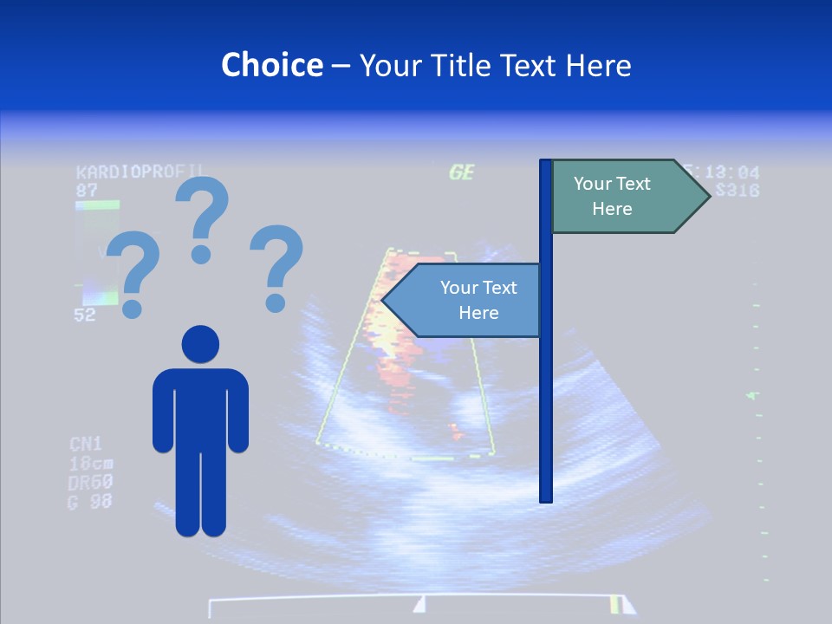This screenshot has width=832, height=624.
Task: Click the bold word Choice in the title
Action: point(271,65)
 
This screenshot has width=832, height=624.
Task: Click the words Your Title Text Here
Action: point(495,65)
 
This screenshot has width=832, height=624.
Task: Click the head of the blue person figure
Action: point(200,344)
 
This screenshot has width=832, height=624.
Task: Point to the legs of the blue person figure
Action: point(200,490)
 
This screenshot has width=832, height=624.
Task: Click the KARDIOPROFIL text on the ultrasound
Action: point(140,172)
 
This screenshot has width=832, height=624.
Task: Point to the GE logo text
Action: point(461,172)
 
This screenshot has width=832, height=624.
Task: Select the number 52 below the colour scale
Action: point(85,315)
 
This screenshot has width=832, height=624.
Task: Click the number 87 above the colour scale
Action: point(87,190)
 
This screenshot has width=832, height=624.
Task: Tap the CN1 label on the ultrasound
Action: point(86,445)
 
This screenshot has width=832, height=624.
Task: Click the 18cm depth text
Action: point(90,463)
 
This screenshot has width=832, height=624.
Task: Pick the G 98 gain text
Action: point(90,501)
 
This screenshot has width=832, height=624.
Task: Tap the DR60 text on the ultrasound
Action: point(90,482)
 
